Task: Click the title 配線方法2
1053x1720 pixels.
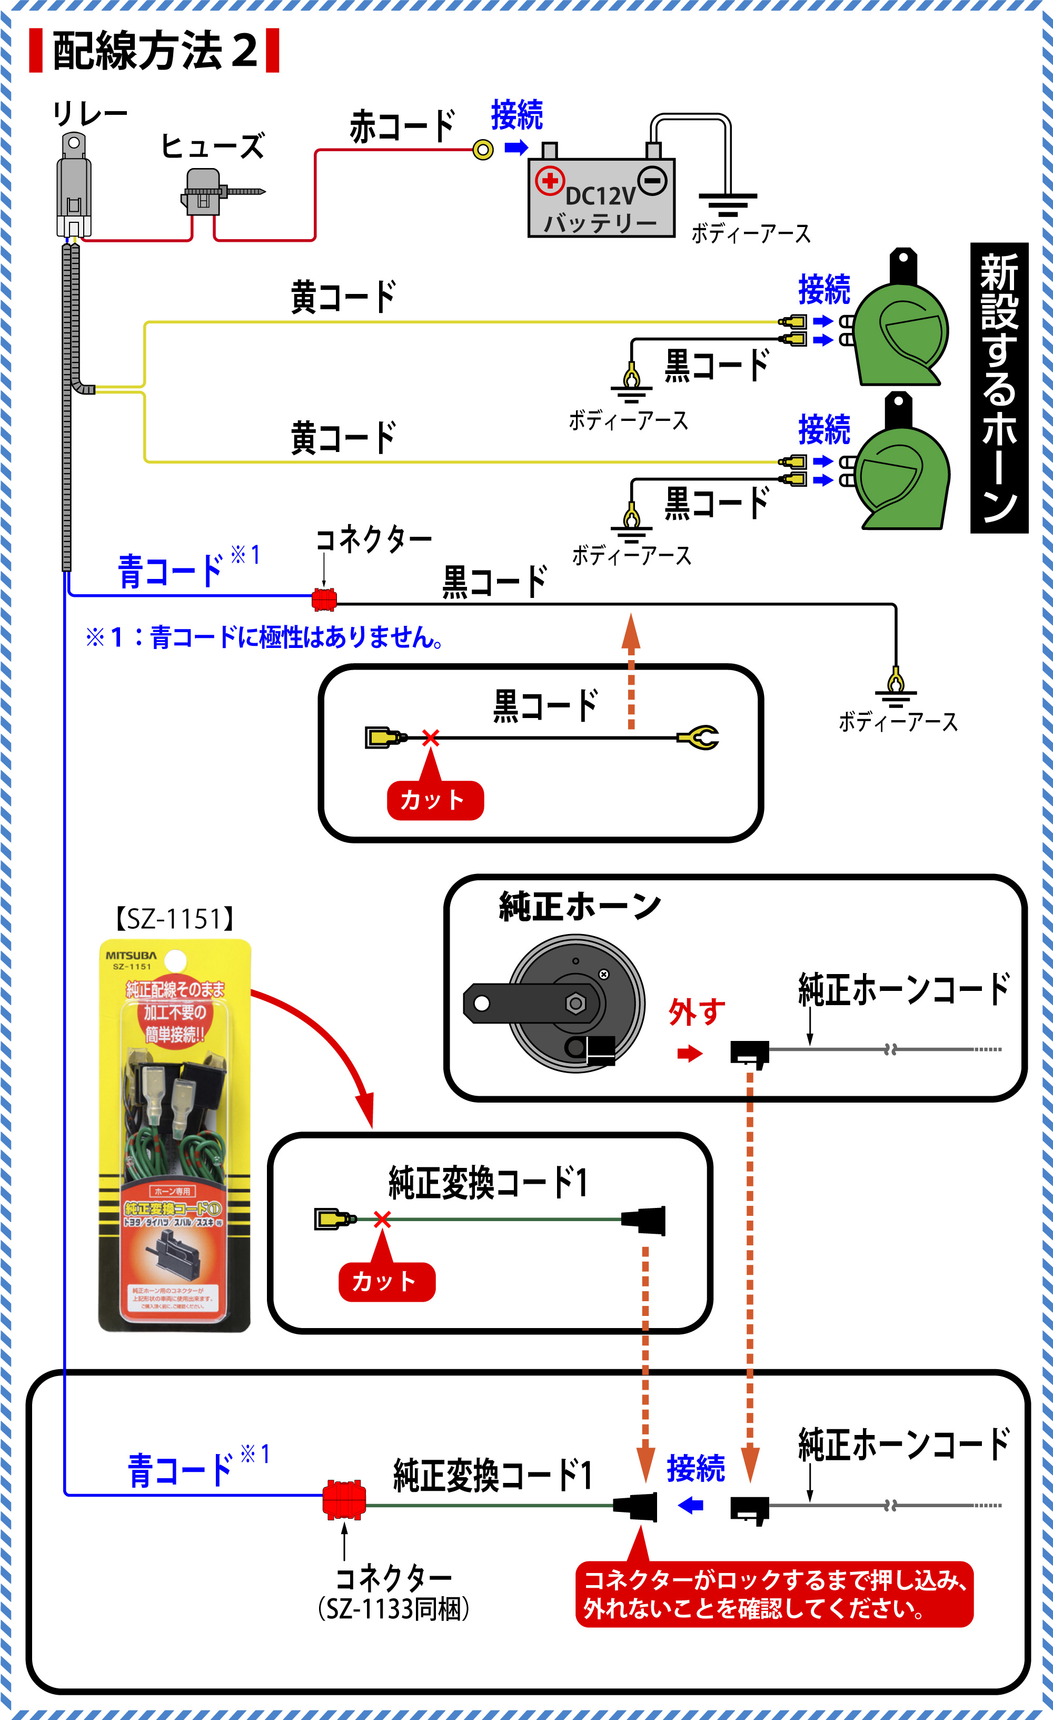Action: point(154,50)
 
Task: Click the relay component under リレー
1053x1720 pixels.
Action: point(73,187)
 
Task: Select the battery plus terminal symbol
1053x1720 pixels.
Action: point(549,181)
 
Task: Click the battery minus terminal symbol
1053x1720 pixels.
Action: point(652,181)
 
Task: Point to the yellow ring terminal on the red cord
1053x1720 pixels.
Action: point(483,150)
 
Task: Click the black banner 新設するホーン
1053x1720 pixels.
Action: point(999,387)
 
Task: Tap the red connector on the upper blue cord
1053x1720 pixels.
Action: point(324,599)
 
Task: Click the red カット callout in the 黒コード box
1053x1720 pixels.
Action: point(435,799)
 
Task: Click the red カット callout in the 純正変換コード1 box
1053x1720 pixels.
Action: point(386,1281)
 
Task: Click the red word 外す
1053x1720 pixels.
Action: point(697,1011)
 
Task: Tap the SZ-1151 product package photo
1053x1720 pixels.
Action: point(174,1134)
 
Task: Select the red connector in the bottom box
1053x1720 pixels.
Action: point(344,1498)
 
